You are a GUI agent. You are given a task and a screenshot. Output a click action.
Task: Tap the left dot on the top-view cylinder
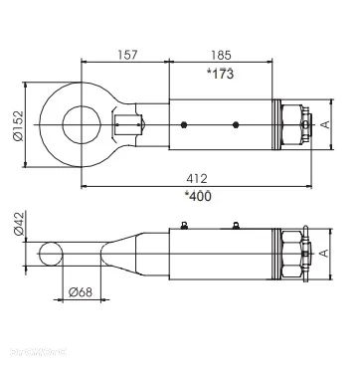click(x=185, y=124)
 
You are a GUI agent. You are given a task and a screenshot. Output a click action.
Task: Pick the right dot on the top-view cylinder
click(x=234, y=124)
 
